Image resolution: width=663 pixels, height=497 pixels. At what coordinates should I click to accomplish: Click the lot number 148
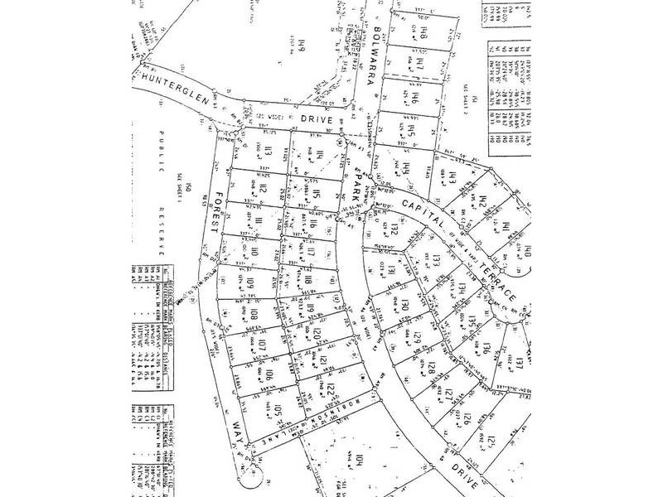pos(422,36)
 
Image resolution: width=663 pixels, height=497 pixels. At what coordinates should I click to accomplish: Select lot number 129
pos(419,338)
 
